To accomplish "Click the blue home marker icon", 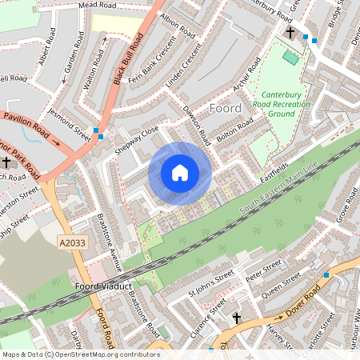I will point(180,172).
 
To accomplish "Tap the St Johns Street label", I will point(211,286).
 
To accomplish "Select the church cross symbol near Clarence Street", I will point(236,318).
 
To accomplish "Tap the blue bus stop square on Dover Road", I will point(326,274).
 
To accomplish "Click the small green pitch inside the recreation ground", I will point(290,57).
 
